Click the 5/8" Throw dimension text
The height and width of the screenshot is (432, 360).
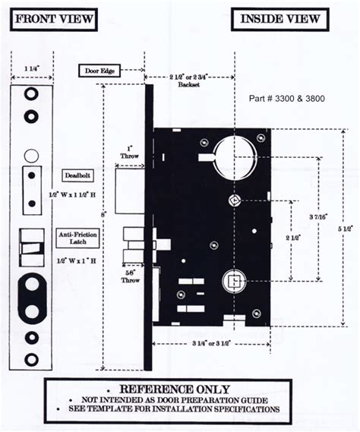pos(130,276)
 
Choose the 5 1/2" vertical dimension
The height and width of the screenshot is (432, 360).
pos(346,226)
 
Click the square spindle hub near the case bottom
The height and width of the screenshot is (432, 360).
pos(235,282)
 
